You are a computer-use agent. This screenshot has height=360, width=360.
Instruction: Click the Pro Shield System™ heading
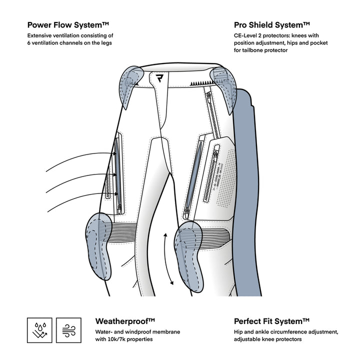[x=272, y=24]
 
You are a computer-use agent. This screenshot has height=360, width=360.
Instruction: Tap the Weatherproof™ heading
[x=125, y=320]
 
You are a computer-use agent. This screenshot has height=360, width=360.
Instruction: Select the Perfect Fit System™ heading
[x=272, y=320]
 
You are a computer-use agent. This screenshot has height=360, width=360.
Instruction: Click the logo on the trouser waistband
[x=159, y=78]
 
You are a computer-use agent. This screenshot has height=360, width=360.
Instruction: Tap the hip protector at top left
[x=131, y=82]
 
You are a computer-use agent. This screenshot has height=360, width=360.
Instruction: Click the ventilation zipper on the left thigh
[x=118, y=172]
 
